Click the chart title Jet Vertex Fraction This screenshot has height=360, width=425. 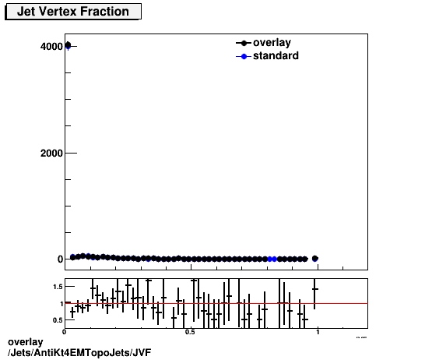[x=73, y=12]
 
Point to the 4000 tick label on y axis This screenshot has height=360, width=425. [x=52, y=46]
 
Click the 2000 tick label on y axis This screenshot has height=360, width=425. [x=52, y=153]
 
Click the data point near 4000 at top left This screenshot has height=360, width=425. [x=68, y=45]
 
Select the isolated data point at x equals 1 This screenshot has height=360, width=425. [x=314, y=258]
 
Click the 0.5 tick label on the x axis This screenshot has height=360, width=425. [x=190, y=332]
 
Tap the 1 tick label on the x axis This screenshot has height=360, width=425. [x=318, y=332]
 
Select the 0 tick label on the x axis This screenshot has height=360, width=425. [x=65, y=332]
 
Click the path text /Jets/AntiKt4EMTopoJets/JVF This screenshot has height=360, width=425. [x=79, y=353]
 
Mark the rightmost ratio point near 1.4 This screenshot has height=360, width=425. [x=314, y=289]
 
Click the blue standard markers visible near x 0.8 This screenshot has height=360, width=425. [x=272, y=259]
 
